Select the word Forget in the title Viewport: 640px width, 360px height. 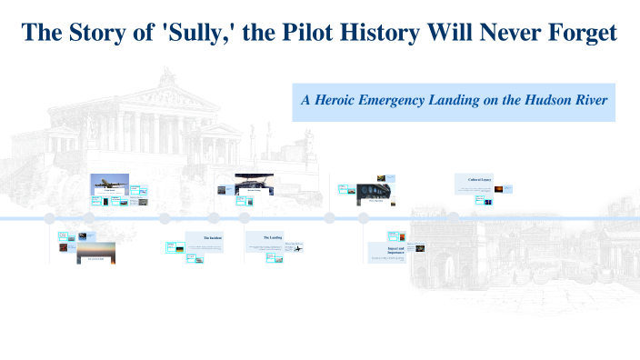[580, 33]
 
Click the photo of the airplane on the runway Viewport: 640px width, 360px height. [110, 183]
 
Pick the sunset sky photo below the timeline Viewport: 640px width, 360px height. [96, 252]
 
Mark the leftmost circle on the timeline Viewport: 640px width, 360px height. [50, 218]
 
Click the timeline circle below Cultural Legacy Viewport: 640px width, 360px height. [475, 218]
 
